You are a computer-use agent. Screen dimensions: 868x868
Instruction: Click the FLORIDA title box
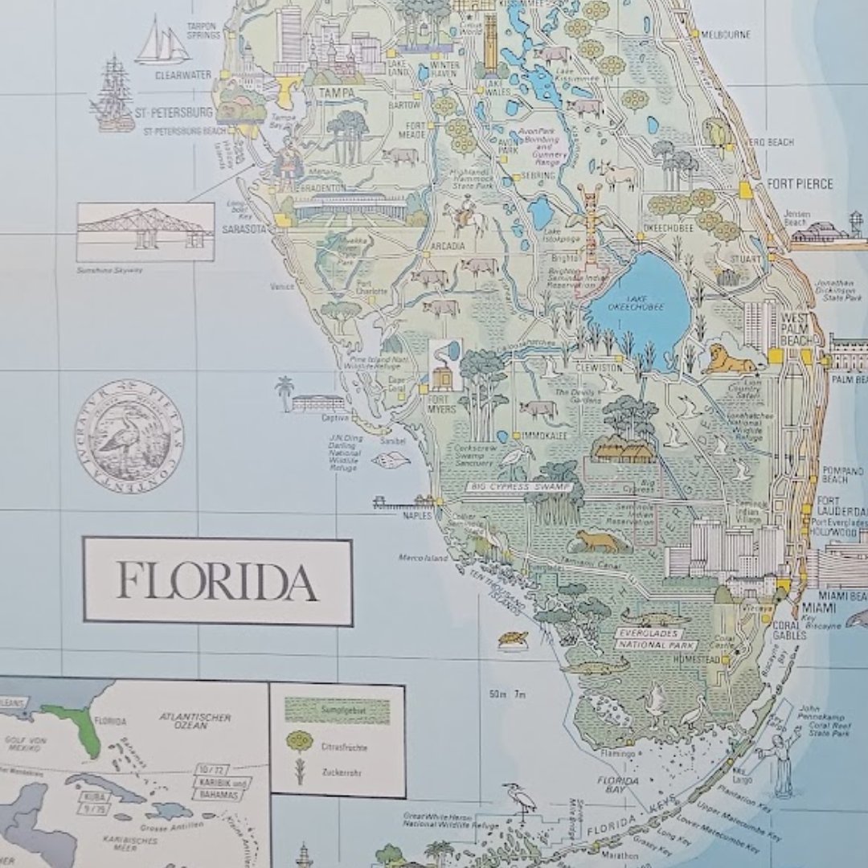pos(217,581)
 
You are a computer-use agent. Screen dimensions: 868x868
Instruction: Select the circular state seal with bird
pos(129,432)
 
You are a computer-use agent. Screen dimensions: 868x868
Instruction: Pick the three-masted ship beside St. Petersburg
pos(113,94)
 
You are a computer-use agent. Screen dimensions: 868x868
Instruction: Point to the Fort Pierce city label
pos(799,184)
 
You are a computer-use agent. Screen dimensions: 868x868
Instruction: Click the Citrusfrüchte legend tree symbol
pos(299,740)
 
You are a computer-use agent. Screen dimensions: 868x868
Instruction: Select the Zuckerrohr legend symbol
pos(299,772)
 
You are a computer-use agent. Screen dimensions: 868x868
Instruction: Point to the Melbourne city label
pos(726,35)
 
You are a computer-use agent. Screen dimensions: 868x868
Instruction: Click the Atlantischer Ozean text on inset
pos(195,720)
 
